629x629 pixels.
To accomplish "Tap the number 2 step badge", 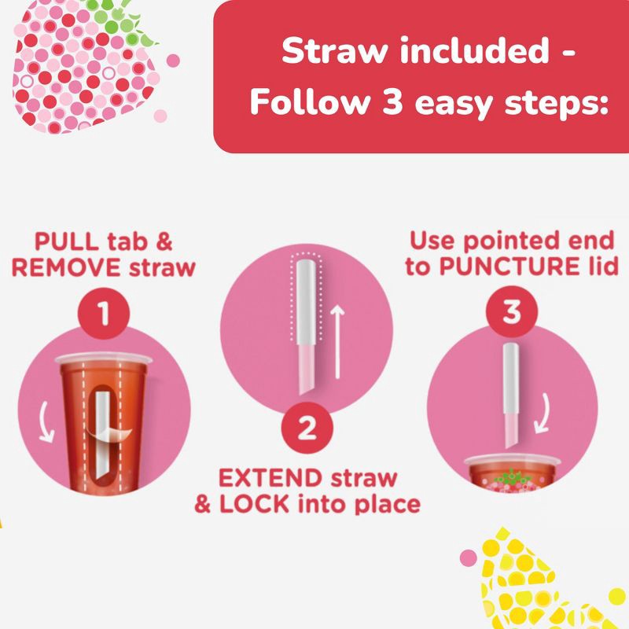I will coord(307,429).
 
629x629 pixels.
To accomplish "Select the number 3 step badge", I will coord(512,313).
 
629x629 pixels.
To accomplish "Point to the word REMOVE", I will coord(66,267).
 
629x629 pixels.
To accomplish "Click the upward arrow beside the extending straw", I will coord(336,343).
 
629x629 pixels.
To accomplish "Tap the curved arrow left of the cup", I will coord(50,410).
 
